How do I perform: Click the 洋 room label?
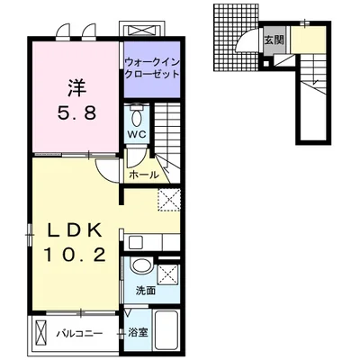[76, 87]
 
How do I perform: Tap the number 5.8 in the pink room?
[77, 113]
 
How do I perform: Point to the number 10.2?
[76, 255]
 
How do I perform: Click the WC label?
[138, 134]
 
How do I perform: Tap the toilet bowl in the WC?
[137, 117]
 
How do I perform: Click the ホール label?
[144, 175]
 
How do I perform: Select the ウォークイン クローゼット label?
[152, 68]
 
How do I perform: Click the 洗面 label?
[145, 290]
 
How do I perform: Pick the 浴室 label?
[138, 333]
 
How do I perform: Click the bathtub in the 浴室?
[166, 330]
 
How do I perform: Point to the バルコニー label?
[80, 334]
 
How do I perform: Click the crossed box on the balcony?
[41, 333]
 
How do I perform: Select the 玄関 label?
[274, 40]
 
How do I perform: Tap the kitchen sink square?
[134, 242]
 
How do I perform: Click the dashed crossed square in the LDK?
[169, 200]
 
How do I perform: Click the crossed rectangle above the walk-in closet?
[143, 30]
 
